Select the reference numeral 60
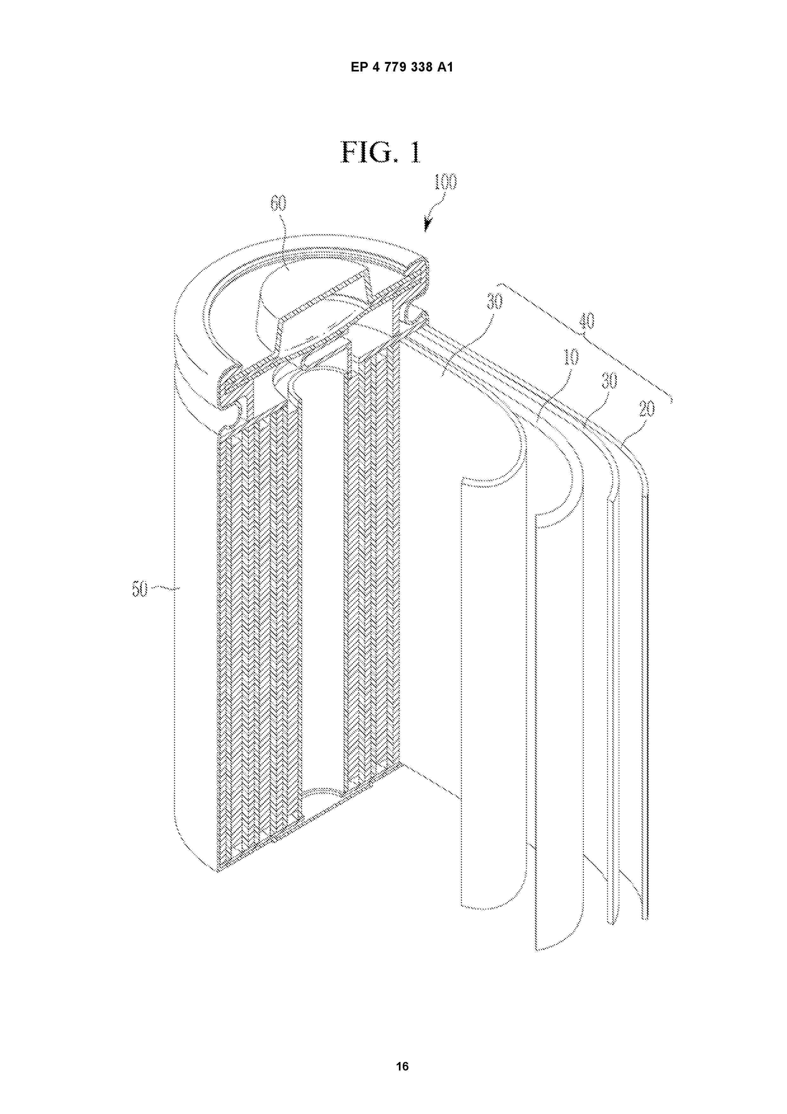coord(278,204)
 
